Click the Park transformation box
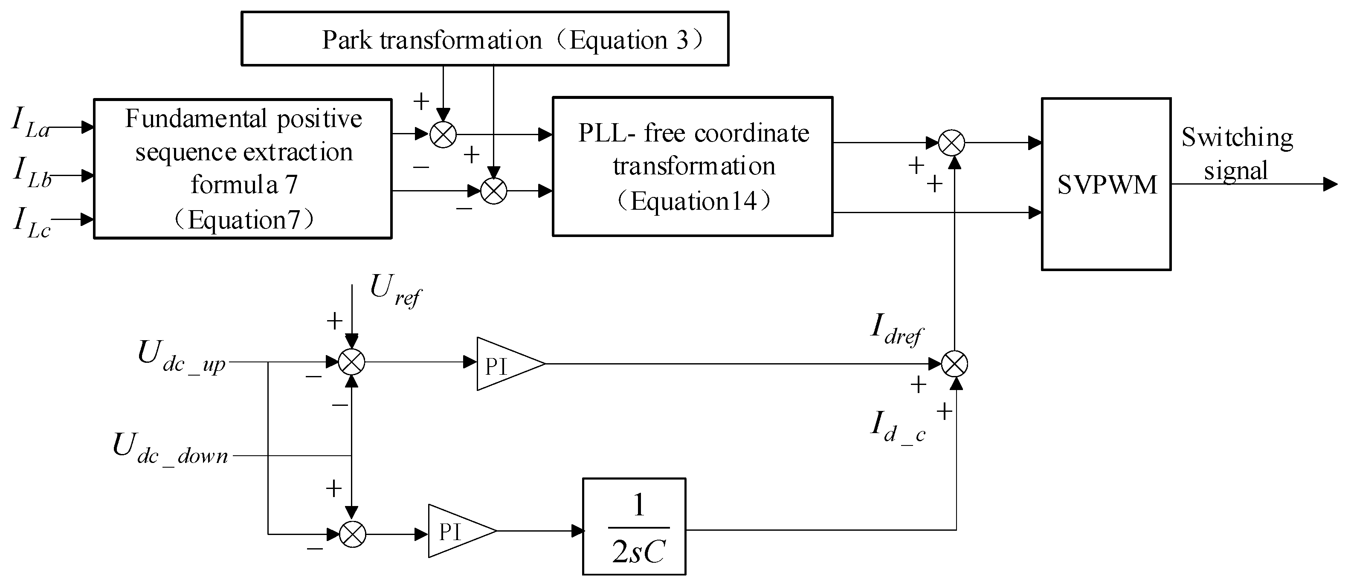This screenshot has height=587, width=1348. [x=484, y=39]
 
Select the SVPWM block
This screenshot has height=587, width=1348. [x=1106, y=184]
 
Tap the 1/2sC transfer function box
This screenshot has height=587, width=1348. [x=634, y=526]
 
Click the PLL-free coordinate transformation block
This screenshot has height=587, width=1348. [x=692, y=166]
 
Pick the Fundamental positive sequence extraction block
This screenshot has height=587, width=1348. [x=243, y=168]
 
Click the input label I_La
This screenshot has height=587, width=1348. [x=30, y=122]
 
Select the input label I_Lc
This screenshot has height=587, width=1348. [x=32, y=223]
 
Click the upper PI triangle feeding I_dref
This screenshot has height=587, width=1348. [x=505, y=364]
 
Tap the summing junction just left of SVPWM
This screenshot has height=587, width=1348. [x=951, y=142]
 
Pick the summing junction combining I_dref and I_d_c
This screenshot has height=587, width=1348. [x=954, y=364]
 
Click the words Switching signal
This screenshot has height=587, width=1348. [x=1237, y=154]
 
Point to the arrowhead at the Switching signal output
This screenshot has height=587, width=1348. [x=1330, y=184]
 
